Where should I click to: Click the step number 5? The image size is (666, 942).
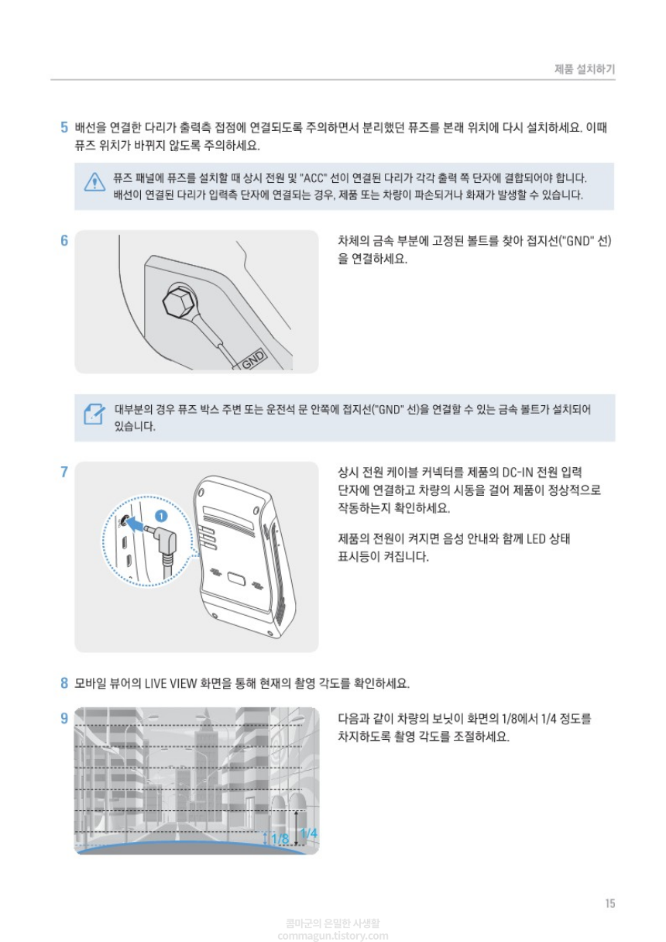(64, 127)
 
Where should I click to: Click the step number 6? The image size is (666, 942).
(64, 241)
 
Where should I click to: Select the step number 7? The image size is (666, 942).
(64, 472)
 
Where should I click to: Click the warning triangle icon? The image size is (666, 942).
(94, 182)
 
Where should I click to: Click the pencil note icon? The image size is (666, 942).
(94, 414)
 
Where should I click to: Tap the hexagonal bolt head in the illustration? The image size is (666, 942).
(180, 301)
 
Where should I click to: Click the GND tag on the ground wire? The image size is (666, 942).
(252, 359)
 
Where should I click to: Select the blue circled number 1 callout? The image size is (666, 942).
(161, 516)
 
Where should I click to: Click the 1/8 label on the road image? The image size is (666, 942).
(280, 838)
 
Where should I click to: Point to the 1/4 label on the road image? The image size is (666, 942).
(309, 833)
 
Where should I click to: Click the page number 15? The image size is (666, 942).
(610, 903)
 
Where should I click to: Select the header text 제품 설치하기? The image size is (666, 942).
(585, 69)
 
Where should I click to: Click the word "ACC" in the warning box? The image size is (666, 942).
(313, 178)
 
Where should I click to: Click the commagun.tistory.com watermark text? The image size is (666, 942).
(333, 936)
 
